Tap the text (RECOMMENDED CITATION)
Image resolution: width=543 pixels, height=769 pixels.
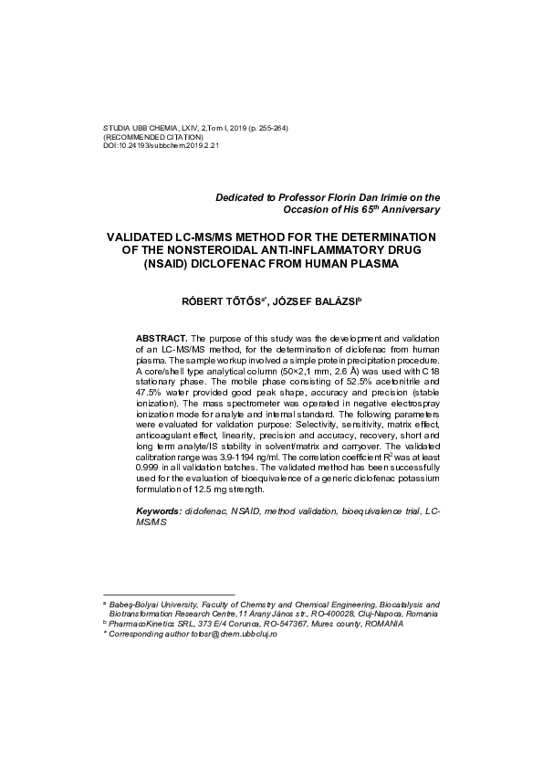click(152, 136)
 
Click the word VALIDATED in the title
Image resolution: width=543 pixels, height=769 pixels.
click(147, 237)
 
